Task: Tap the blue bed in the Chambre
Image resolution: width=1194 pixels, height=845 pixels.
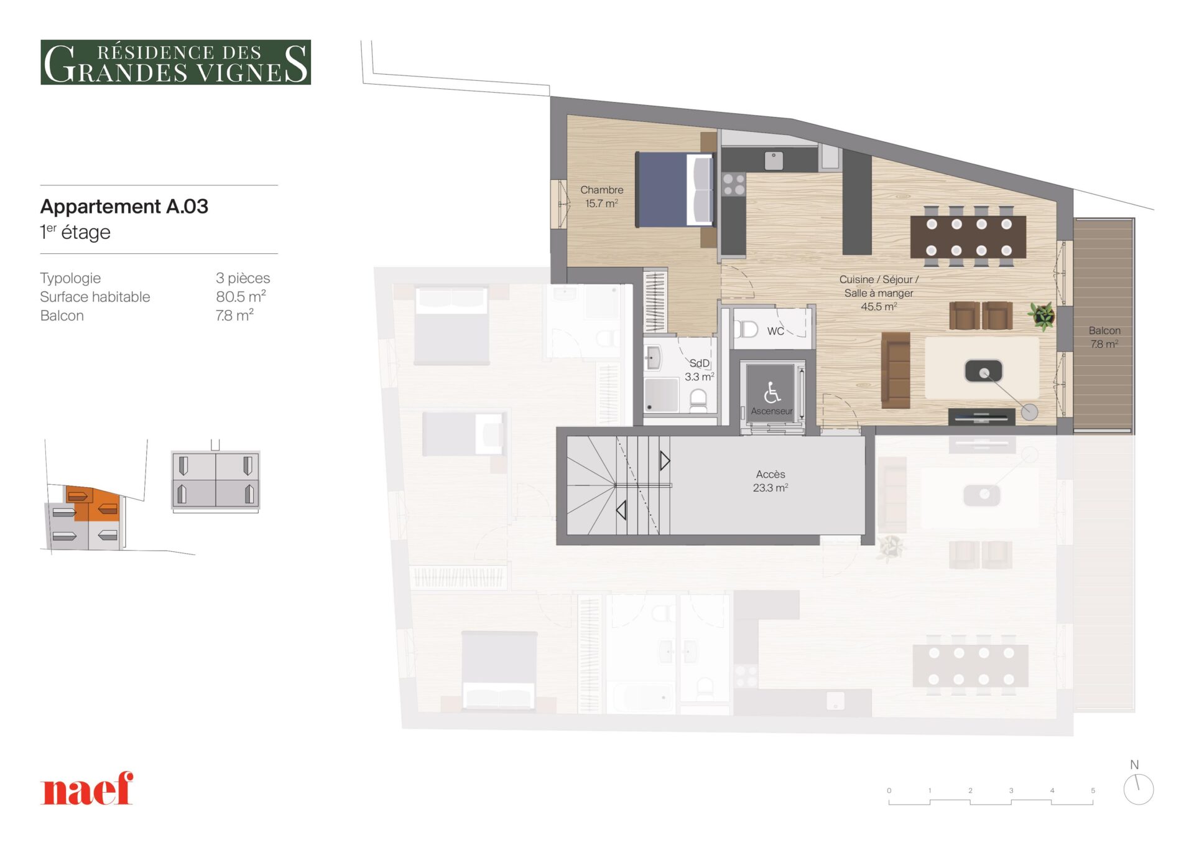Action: [x=674, y=189]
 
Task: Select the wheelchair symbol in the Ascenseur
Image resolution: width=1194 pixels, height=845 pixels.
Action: [x=772, y=392]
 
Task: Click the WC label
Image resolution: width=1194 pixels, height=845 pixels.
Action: [x=775, y=331]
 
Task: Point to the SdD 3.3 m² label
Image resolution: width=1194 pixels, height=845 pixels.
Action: [x=699, y=370]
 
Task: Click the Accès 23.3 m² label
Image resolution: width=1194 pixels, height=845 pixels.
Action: [x=771, y=481]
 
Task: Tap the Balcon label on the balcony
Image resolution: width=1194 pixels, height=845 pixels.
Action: [x=1104, y=330]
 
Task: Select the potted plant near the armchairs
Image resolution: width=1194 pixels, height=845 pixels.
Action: [x=1042, y=315]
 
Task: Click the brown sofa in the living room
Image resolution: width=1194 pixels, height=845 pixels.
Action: [x=895, y=370]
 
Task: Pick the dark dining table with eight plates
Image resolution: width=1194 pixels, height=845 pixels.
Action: [x=968, y=237]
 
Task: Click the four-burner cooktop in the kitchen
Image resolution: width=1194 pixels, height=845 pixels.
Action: [x=734, y=185]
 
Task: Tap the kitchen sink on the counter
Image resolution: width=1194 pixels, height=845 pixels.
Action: [x=774, y=161]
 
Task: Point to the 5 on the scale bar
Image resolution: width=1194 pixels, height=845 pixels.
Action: [x=1093, y=790]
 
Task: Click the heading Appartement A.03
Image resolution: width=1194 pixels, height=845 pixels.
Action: [x=124, y=206]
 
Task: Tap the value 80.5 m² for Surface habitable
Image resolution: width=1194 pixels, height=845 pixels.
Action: [x=241, y=296]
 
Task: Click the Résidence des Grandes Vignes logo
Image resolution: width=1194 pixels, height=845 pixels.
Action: [x=175, y=62]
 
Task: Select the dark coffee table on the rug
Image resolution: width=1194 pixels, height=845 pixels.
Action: [x=983, y=371]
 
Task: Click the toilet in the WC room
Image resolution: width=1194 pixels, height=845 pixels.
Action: [x=746, y=329]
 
